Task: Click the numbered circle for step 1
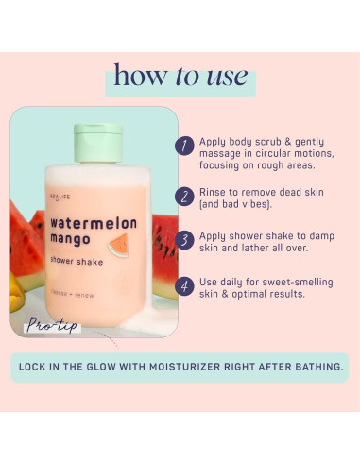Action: coord(184,146)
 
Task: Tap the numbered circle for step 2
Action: coord(184,196)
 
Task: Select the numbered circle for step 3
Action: coord(184,239)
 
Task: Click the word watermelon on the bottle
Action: coord(94,223)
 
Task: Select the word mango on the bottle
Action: coord(73,239)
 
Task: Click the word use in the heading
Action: coord(225,75)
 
